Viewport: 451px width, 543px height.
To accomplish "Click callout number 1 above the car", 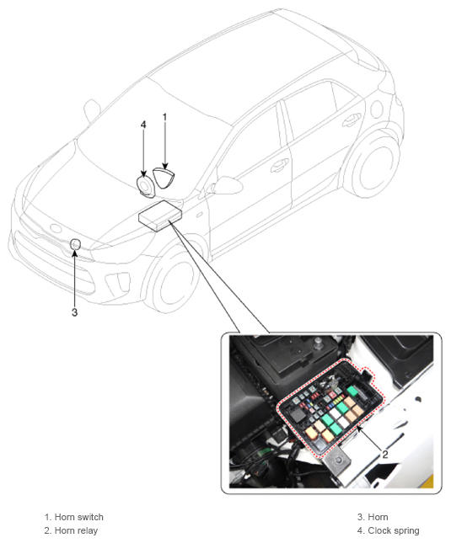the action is coord(164,117).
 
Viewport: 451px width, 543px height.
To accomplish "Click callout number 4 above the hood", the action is coord(143,125).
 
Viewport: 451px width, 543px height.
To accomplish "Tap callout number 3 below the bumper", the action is coord(74,312).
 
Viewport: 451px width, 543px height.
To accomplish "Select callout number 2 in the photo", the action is coord(384,455).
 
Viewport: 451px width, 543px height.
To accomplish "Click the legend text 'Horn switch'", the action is coord(79,517).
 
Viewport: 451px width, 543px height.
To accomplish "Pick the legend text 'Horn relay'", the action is coord(76,530).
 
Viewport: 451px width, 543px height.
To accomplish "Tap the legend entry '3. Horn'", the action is coord(373,517).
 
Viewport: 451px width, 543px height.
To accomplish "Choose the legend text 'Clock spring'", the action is coord(394,530).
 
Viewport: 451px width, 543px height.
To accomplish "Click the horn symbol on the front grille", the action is coord(75,244).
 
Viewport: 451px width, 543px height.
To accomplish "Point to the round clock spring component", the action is coord(144,186).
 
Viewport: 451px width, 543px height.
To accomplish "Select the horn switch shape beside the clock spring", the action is coord(164,178).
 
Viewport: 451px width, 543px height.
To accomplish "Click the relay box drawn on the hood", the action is coord(160,215).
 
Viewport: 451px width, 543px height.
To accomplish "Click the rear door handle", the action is coord(351,120).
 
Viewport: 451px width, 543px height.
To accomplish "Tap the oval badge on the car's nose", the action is coord(56,228).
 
